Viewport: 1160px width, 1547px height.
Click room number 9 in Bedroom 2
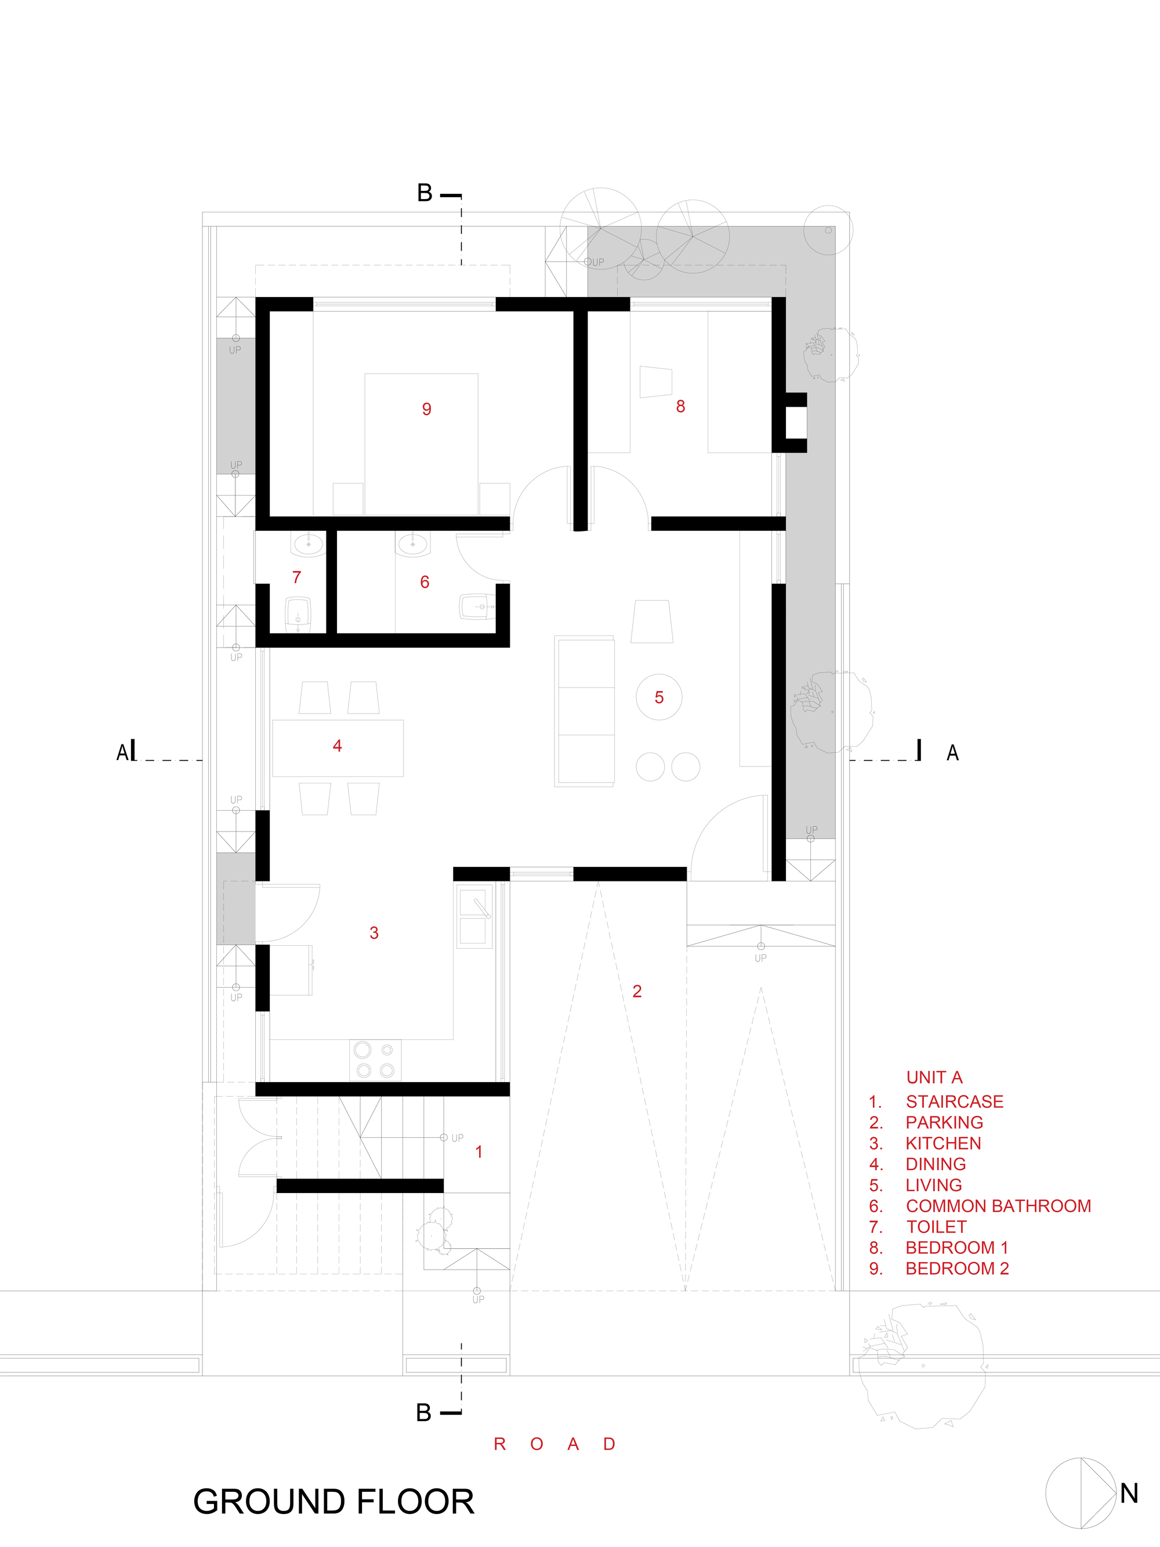point(426,409)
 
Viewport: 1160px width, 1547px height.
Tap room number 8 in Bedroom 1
point(680,406)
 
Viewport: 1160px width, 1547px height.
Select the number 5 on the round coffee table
point(659,697)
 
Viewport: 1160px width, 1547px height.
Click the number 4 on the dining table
point(337,746)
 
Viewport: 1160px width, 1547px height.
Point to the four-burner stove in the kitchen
point(375,1060)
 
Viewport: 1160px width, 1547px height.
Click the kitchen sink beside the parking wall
point(474,916)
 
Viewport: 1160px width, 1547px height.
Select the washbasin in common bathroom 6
point(413,544)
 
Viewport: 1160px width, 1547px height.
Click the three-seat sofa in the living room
point(585,711)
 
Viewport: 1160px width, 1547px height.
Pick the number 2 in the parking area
point(636,991)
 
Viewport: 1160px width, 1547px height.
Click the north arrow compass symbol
point(1081,1493)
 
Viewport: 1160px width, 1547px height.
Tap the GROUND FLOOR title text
point(333,1502)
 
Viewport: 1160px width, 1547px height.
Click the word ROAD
point(554,1444)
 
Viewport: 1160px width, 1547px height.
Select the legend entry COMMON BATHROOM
point(998,1206)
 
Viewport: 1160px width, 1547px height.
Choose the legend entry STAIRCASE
point(955,1101)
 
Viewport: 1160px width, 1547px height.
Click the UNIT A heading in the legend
point(934,1077)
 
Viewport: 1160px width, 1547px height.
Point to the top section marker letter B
point(425,193)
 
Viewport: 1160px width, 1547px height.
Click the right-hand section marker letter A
point(952,753)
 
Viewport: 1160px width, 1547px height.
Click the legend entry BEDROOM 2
point(956,1268)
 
